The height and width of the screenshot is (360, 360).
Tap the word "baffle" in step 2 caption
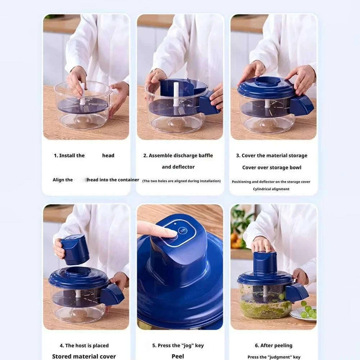[x=205, y=156]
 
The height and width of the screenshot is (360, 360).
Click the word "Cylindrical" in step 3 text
[x=263, y=189]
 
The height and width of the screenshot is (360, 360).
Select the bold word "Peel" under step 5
[x=178, y=356]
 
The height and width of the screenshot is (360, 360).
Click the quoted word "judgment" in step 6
[x=280, y=357]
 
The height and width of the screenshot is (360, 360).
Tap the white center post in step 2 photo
[x=176, y=94]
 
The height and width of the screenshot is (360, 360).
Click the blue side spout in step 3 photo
[x=301, y=105]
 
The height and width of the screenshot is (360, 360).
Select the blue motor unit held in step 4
[x=75, y=249]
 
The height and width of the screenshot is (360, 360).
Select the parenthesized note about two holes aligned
[x=181, y=181]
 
